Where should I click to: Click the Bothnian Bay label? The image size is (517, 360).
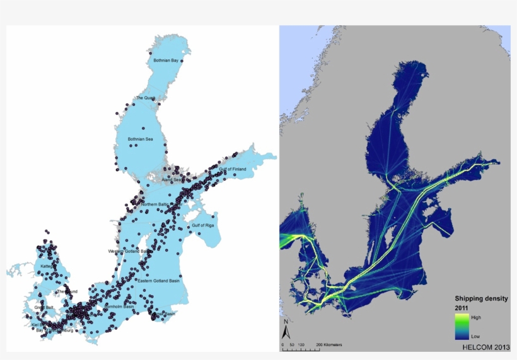(x=166, y=61)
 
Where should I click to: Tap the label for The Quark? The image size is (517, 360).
(x=145, y=98)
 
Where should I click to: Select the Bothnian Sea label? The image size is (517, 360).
(x=140, y=139)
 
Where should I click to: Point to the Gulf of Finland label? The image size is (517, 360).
(x=233, y=169)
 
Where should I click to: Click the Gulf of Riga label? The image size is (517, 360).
(x=202, y=224)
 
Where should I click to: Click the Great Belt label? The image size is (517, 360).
(x=44, y=308)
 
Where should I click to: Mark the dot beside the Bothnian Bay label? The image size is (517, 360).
(x=182, y=61)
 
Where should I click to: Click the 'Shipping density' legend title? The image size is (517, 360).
(x=481, y=299)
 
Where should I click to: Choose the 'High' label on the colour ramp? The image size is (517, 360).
(x=477, y=317)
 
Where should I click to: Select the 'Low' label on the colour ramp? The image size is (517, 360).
(x=475, y=337)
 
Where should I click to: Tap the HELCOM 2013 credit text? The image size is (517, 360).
(x=486, y=347)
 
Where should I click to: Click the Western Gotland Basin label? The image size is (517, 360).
(x=129, y=251)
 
